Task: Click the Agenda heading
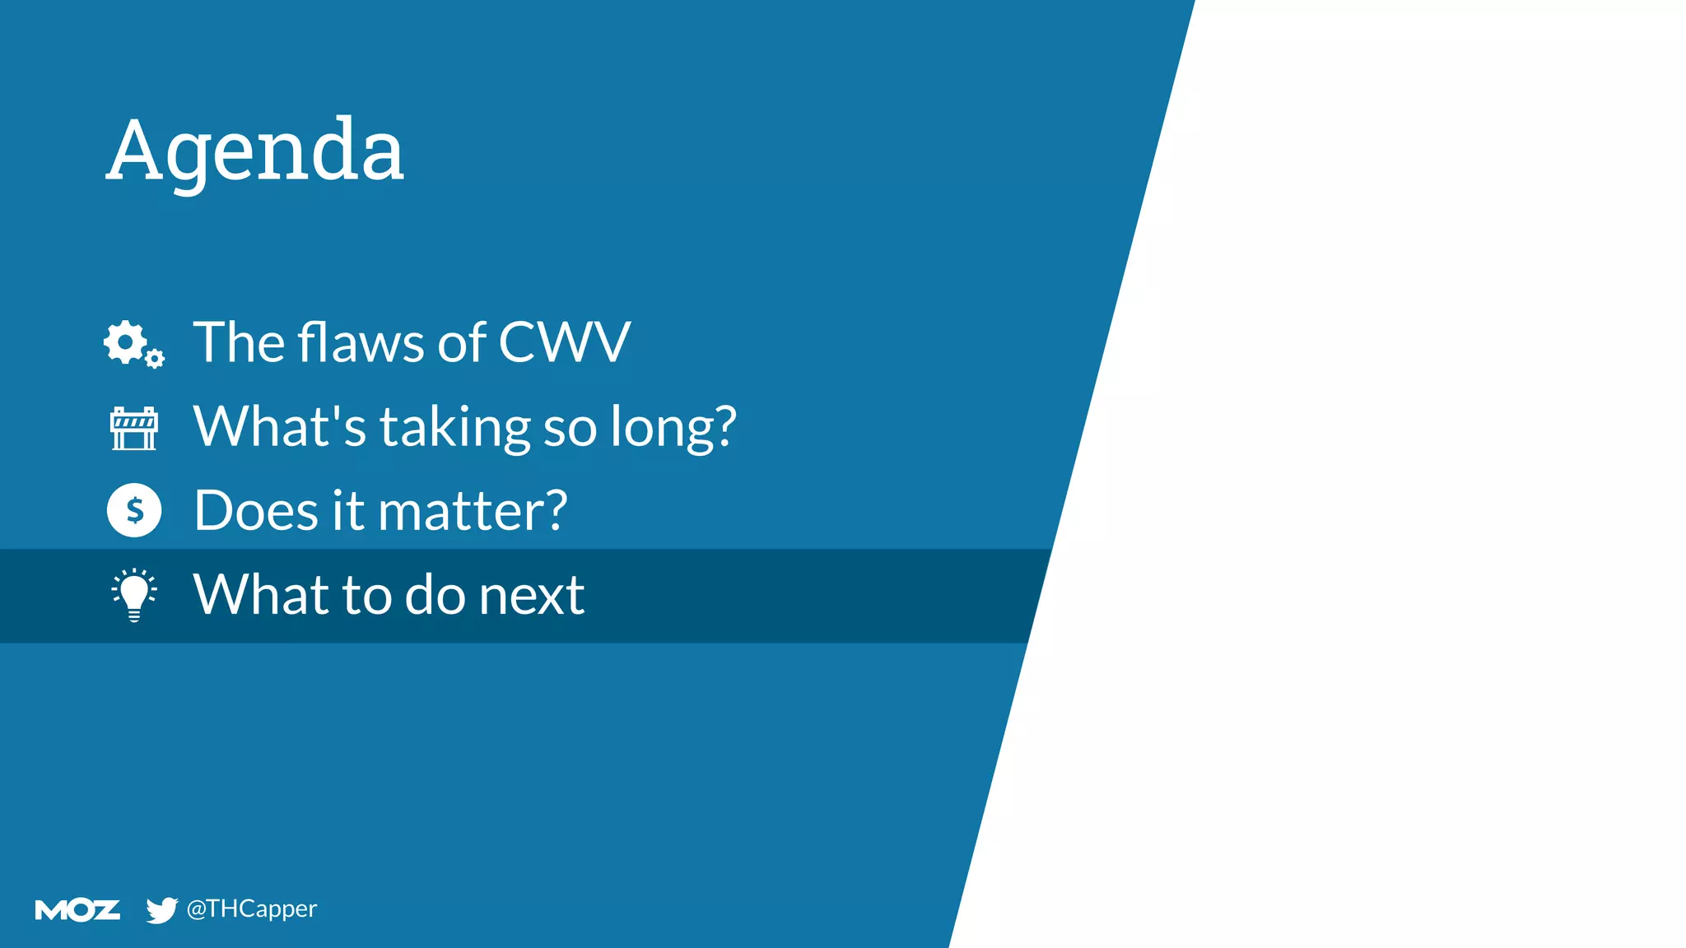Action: pyautogui.click(x=255, y=151)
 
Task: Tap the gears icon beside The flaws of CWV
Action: pyautogui.click(x=133, y=344)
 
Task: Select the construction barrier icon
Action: pyautogui.click(x=133, y=428)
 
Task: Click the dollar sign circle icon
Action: pyautogui.click(x=134, y=510)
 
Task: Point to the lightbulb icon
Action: pyautogui.click(x=134, y=595)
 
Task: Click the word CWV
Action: pyautogui.click(x=565, y=342)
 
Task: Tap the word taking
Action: pyautogui.click(x=454, y=428)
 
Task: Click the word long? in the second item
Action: pyautogui.click(x=673, y=428)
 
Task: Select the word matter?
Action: pyautogui.click(x=473, y=510)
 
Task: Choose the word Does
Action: pyautogui.click(x=256, y=510)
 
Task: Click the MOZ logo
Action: pyautogui.click(x=77, y=910)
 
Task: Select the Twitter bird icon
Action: pyautogui.click(x=161, y=910)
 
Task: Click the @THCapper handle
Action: pyautogui.click(x=251, y=908)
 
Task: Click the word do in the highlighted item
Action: pyautogui.click(x=435, y=595)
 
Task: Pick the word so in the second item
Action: pyautogui.click(x=570, y=428)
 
